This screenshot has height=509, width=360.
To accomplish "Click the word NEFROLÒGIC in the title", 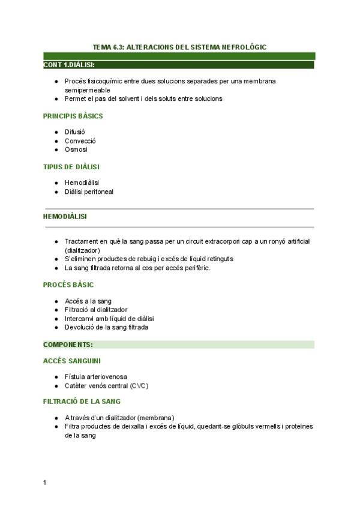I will point(242,46).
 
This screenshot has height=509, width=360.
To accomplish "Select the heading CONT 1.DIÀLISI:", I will point(69,64).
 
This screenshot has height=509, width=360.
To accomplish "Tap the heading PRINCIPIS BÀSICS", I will point(73,116).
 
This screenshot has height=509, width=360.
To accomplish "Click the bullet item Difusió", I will point(75,133).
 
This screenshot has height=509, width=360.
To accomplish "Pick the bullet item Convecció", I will point(80,141).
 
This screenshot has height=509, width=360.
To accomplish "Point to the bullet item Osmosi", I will point(76,149).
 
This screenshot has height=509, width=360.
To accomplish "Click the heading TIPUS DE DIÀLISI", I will point(71,166).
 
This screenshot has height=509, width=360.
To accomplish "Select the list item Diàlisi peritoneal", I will point(89,192).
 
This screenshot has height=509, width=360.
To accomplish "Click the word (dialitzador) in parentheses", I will point(82,250).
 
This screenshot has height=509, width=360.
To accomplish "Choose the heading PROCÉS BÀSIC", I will point(68,285).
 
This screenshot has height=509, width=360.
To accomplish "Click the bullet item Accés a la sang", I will point(88,301).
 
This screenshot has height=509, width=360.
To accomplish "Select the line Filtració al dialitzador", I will point(96,310).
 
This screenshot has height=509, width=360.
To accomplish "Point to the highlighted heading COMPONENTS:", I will point(68,345).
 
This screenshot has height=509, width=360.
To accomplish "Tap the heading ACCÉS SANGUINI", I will point(71,361).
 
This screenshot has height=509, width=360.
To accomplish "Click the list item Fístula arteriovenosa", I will point(96,377).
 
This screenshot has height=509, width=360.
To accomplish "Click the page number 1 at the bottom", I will point(45,483).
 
